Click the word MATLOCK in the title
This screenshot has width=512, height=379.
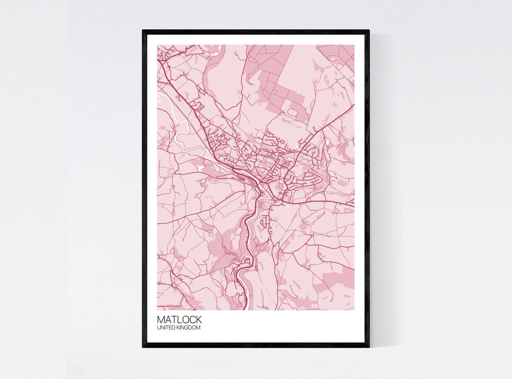(x=179, y=319)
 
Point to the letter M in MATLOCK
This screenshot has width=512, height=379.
(x=161, y=319)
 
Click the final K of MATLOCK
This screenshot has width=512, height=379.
(x=199, y=319)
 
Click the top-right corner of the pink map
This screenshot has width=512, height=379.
(x=354, y=45)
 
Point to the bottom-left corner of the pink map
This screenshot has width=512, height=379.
(x=158, y=310)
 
